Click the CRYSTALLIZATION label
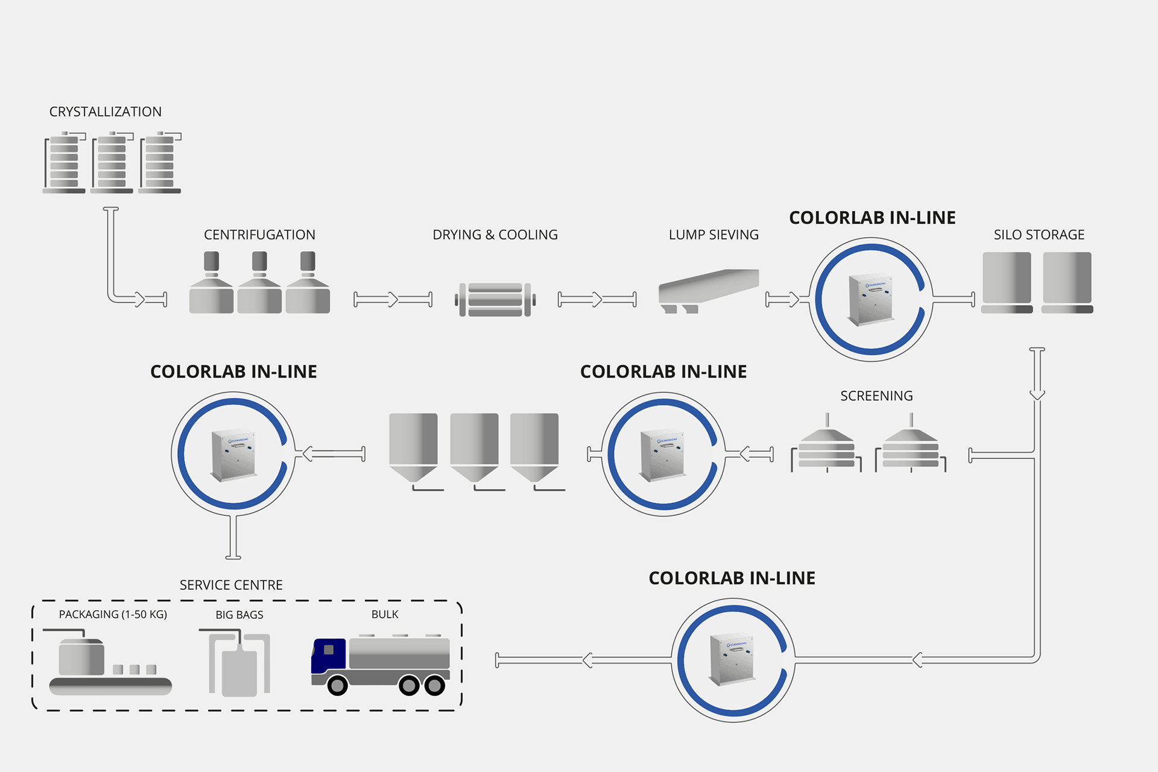coord(106,112)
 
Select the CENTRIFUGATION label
coord(259,235)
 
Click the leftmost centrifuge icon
coord(211,283)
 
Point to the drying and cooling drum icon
coord(495,299)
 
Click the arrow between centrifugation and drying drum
coord(393,299)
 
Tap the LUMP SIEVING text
coord(713,235)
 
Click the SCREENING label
coord(876,396)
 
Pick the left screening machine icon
coord(826,446)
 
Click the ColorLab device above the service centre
coord(233,454)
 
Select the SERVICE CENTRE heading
coord(231,585)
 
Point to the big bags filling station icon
coord(239,663)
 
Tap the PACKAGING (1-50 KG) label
coord(113,615)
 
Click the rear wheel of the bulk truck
coord(434,686)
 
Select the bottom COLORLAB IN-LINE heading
coord(732,578)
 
